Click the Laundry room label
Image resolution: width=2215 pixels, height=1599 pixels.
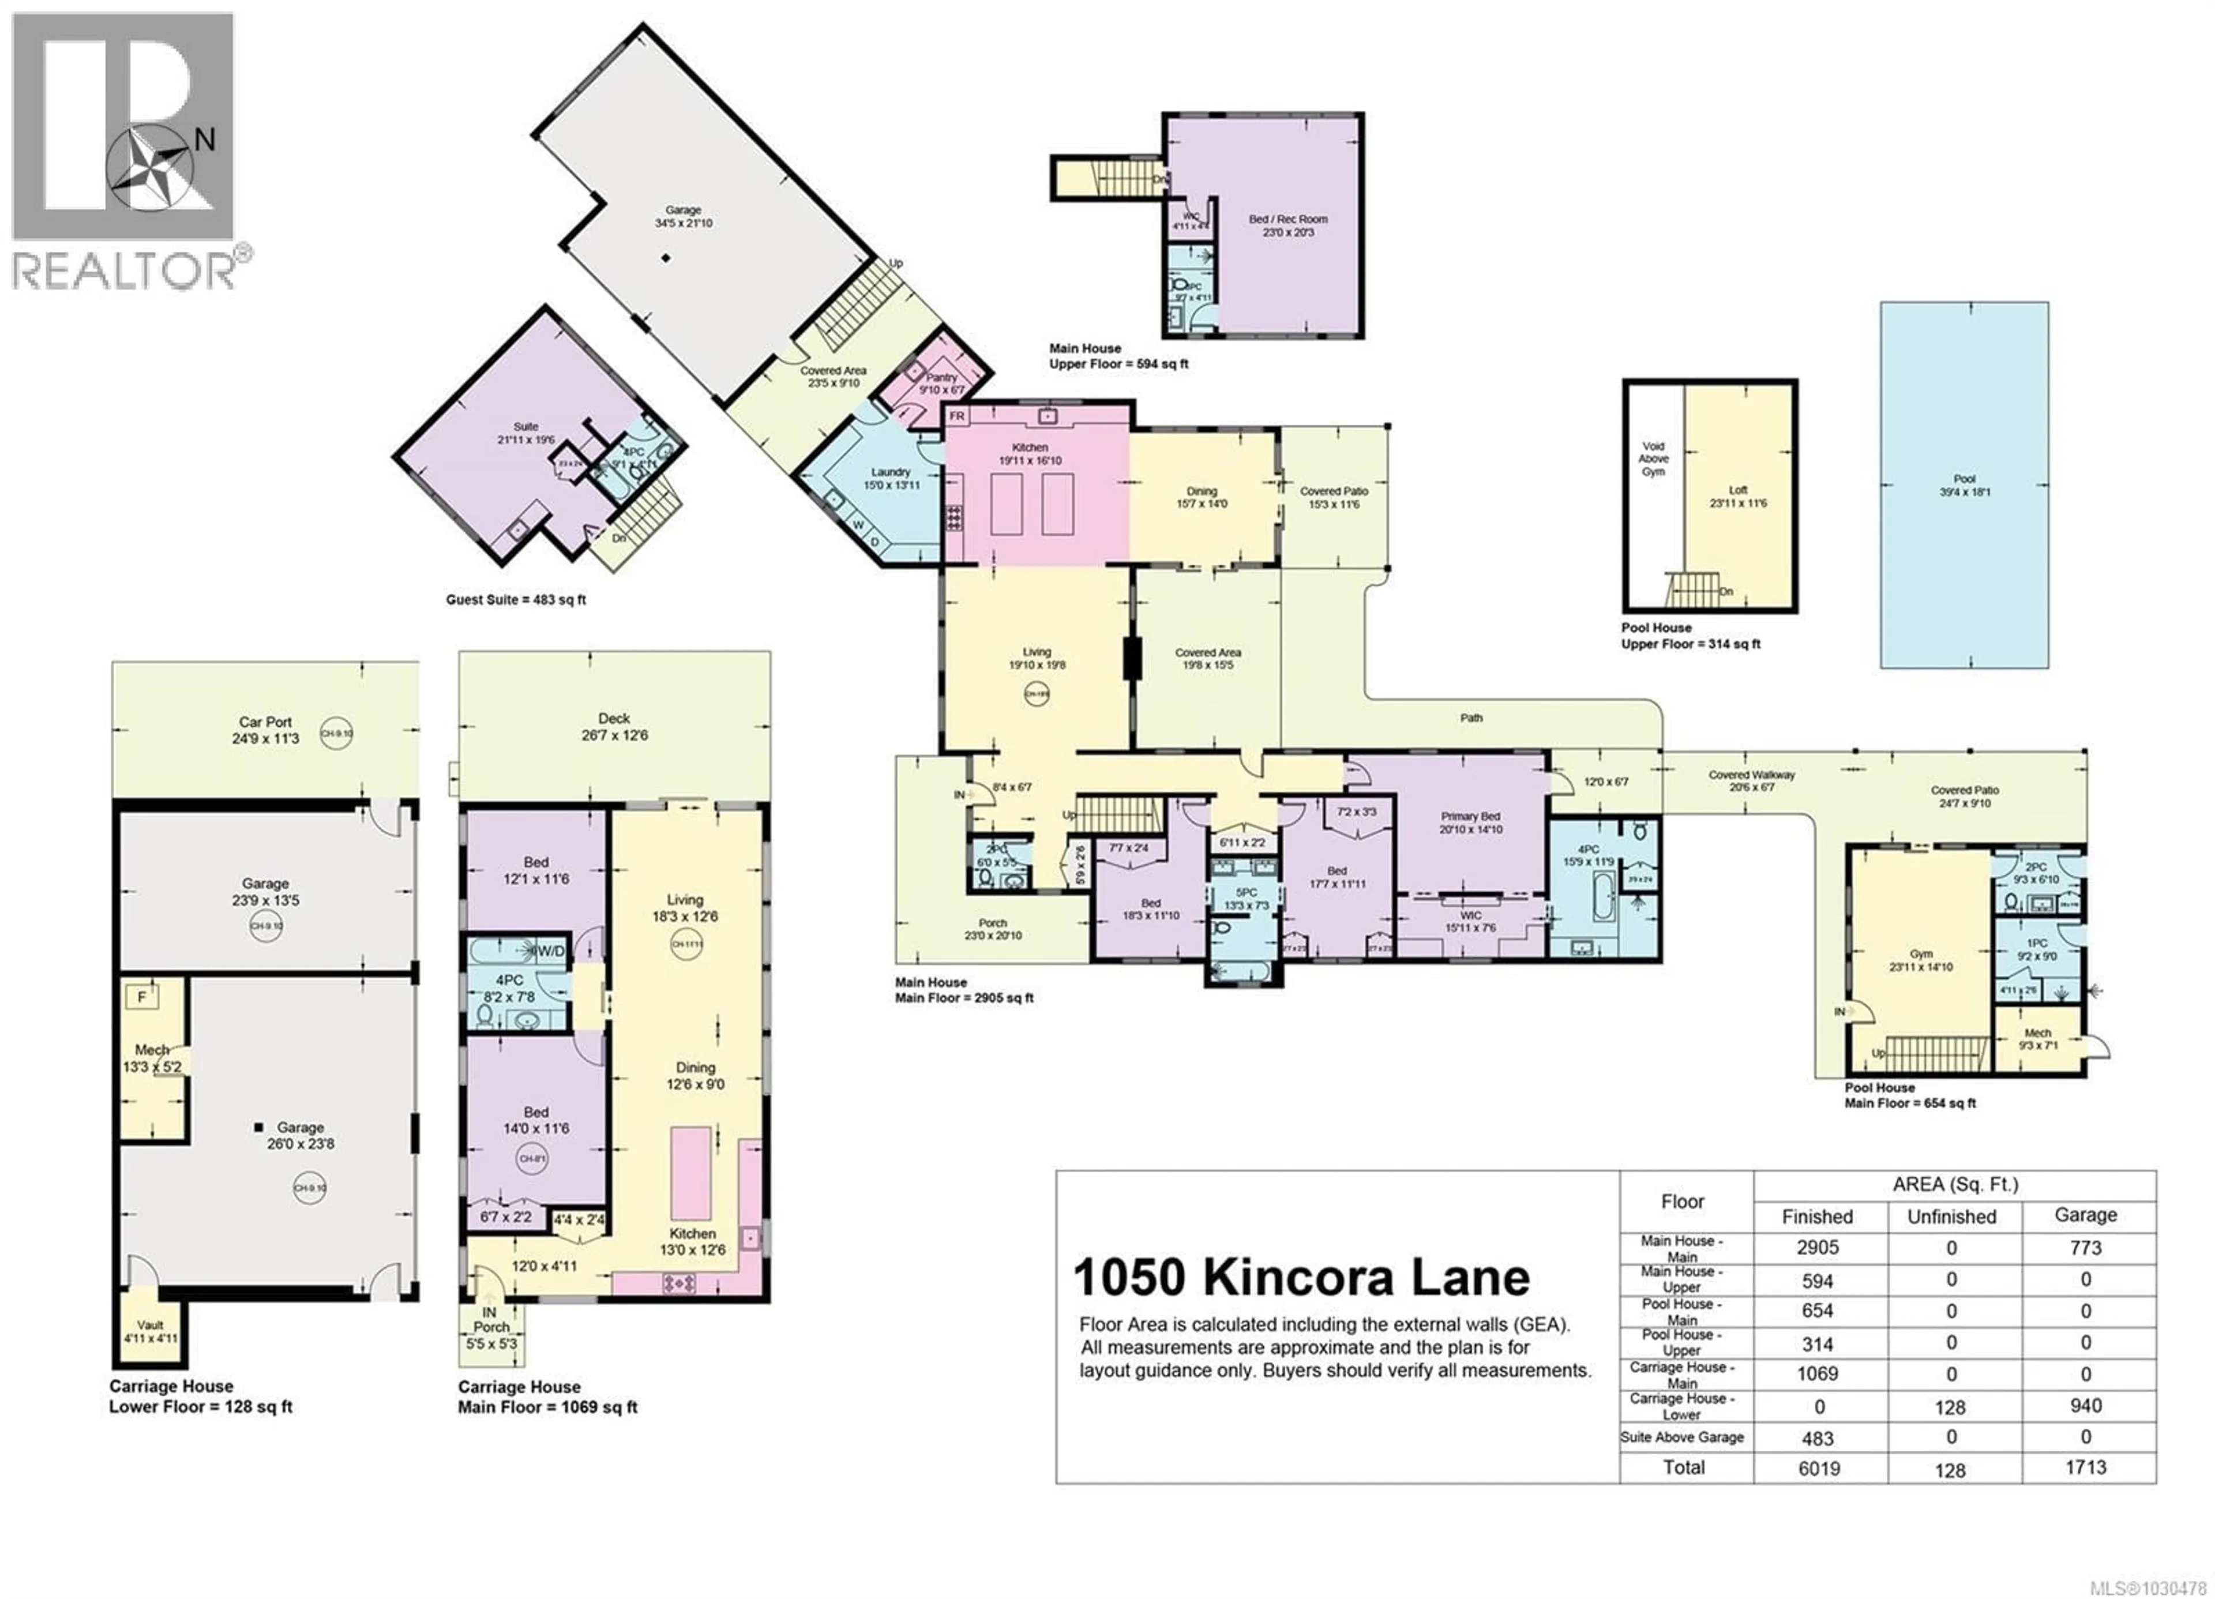click(891, 478)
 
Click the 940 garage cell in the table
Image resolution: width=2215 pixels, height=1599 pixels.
click(2085, 1406)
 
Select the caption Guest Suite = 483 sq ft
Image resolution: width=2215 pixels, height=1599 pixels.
click(516, 600)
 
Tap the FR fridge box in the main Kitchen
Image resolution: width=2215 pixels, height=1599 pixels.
click(957, 416)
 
